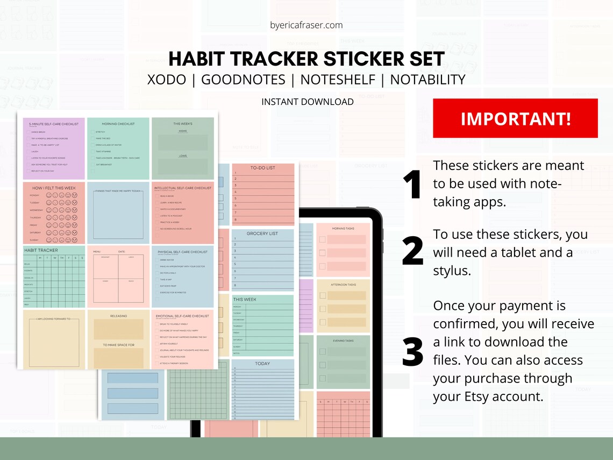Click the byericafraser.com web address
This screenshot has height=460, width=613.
point(306,25)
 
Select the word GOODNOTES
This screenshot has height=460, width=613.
point(243,80)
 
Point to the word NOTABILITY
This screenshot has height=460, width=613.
point(427,80)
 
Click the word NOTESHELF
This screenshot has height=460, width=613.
point(337,80)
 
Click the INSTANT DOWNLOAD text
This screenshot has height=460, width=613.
point(307,102)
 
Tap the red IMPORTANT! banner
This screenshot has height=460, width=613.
point(515,118)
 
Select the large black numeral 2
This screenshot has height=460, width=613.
point(412,252)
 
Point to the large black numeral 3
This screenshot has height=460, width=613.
point(412,351)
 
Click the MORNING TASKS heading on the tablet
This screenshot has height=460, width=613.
point(343,229)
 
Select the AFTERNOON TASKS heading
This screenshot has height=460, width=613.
point(343,285)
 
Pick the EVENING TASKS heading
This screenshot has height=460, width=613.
point(343,341)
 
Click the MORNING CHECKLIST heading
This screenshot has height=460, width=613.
point(118,124)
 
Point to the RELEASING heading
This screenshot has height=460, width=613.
point(118,316)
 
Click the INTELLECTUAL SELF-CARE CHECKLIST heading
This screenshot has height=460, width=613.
point(183,188)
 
